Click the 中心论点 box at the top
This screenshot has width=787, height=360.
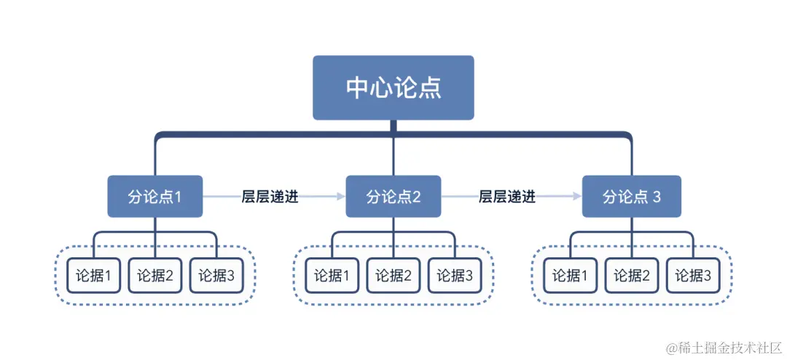tap(393, 87)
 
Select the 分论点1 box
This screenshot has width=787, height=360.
tap(154, 197)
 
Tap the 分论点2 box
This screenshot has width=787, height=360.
tap(393, 197)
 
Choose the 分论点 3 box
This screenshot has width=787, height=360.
tap(632, 197)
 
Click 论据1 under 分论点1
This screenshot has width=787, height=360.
tap(93, 275)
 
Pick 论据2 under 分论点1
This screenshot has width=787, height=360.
tap(154, 275)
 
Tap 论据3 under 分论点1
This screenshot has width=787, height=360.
tap(216, 275)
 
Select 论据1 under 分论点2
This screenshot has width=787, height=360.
tap(332, 275)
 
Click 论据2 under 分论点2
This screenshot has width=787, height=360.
tap(393, 275)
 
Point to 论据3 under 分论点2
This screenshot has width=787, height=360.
tap(455, 275)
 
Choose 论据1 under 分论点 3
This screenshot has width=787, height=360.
tap(570, 275)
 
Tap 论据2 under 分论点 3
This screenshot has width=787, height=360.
tap(632, 275)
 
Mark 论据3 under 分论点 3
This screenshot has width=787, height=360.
tap(693, 275)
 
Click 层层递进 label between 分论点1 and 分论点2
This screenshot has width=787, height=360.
tap(270, 197)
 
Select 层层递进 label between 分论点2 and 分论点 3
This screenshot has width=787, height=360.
tap(507, 197)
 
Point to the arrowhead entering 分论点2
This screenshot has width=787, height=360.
tap(340, 197)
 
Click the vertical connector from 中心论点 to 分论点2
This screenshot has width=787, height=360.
tap(393, 157)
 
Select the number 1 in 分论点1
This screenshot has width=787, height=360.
tap(177, 197)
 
